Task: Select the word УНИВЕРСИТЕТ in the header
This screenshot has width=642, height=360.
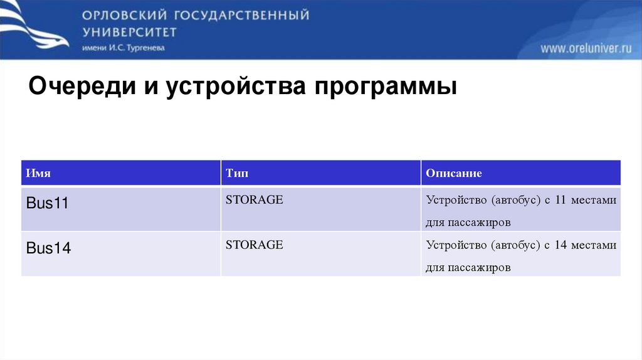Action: [x=129, y=32]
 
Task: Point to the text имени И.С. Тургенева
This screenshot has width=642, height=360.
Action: [x=123, y=48]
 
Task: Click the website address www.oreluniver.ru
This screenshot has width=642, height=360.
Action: [x=586, y=49]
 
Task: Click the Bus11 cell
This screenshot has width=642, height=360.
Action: [x=48, y=203]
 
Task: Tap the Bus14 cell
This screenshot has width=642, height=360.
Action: [x=48, y=248]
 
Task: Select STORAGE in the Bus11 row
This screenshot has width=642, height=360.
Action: [x=255, y=200]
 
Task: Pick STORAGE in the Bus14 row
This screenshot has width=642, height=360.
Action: [x=255, y=245]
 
